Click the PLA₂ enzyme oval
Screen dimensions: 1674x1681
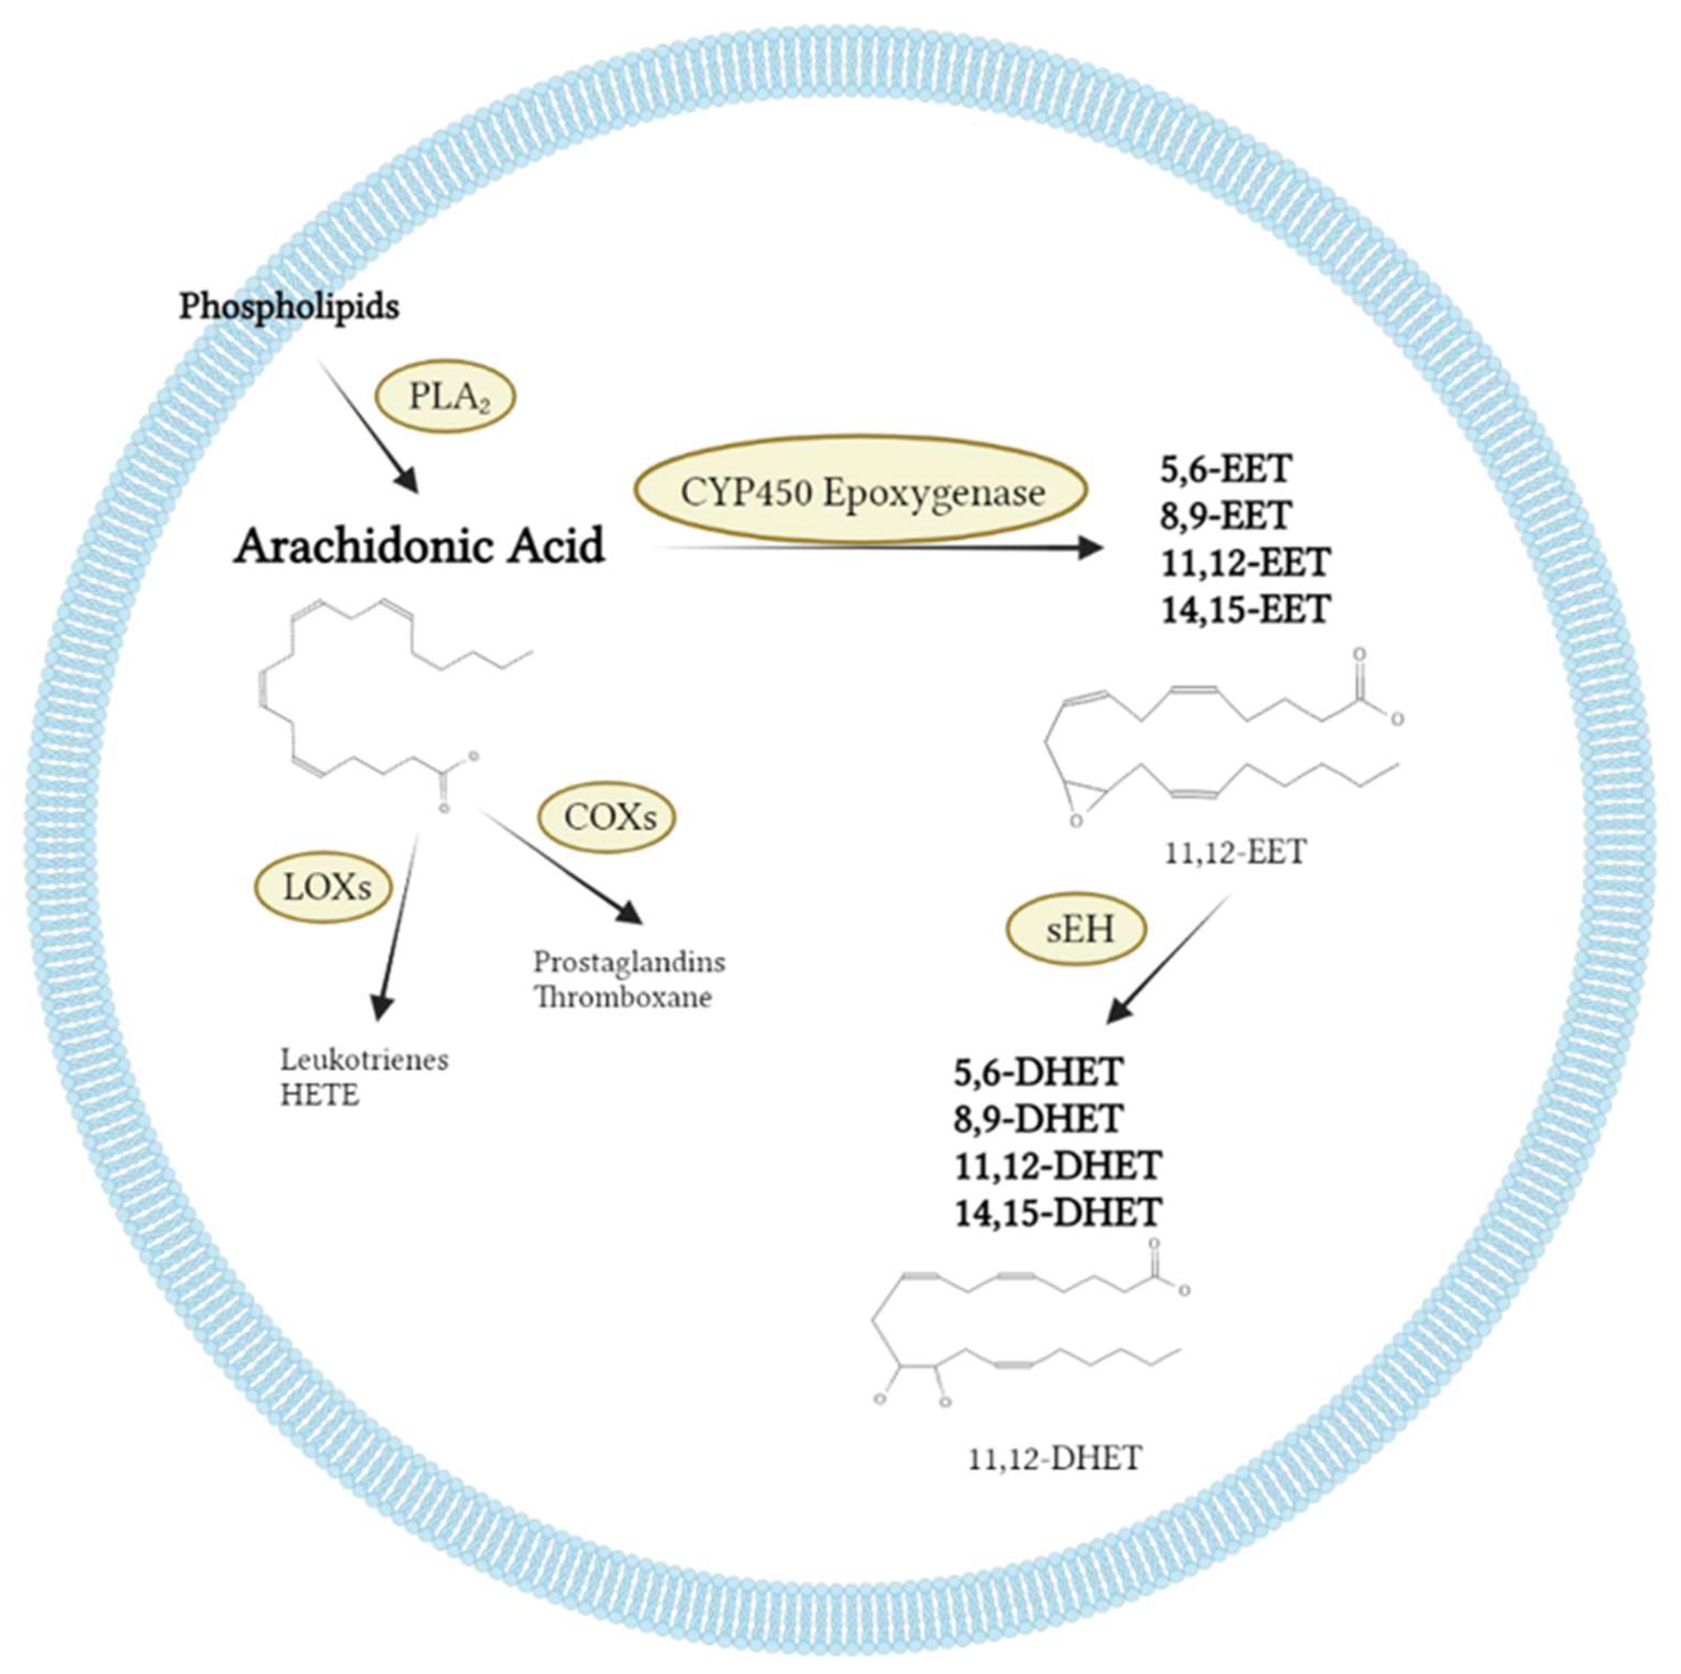tap(445, 397)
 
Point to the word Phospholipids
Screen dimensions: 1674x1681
tap(289, 307)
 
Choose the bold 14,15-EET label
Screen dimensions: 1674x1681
tap(1245, 609)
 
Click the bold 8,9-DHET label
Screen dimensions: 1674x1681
tap(1038, 1119)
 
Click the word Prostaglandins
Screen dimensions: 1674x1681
tap(629, 962)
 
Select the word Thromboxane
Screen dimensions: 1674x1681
tap(623, 997)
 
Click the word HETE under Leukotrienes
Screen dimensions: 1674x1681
tap(319, 1096)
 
